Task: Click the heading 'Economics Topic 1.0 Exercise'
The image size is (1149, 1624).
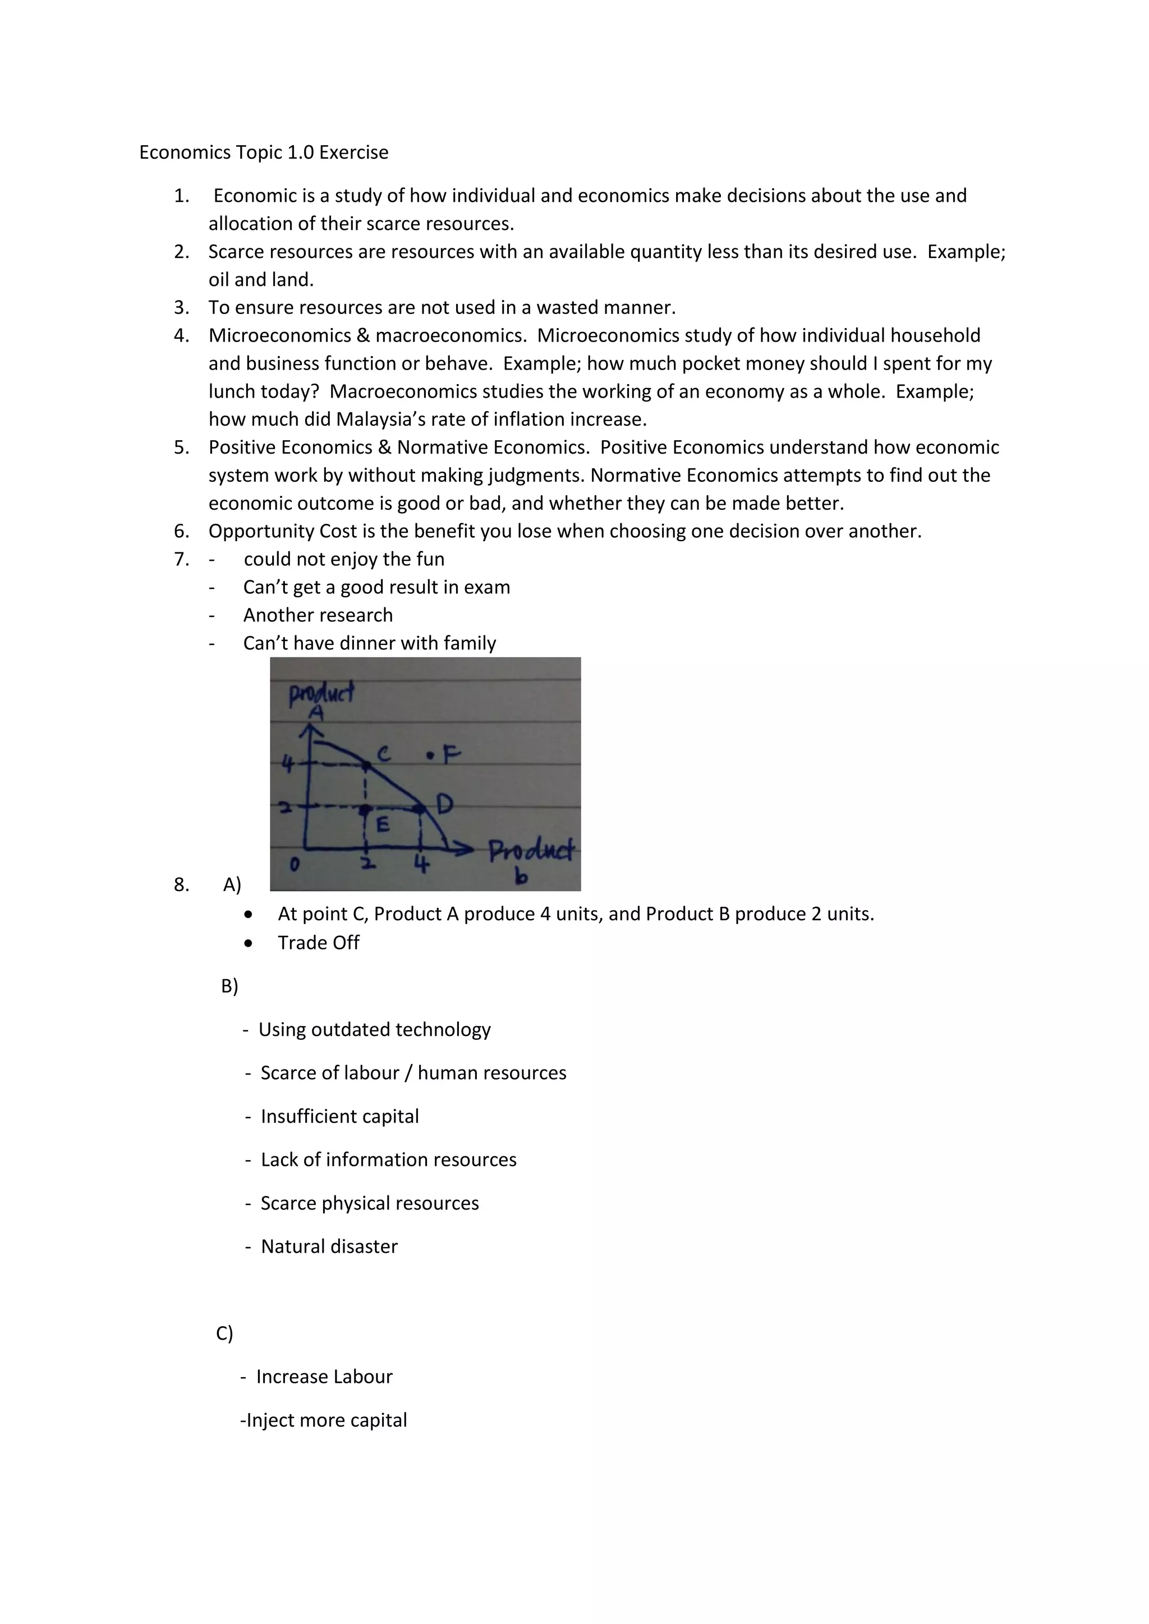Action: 263,152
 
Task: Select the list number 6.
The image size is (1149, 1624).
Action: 181,531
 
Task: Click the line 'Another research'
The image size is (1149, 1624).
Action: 318,615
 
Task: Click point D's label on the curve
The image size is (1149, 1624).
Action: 444,804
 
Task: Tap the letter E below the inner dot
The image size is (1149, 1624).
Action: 383,825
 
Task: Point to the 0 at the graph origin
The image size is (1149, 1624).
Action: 295,864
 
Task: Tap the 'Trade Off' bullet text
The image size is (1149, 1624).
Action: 318,943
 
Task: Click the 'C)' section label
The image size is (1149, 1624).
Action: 224,1334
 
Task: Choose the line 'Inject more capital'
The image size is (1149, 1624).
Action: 324,1420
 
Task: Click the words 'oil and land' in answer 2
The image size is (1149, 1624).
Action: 260,280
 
